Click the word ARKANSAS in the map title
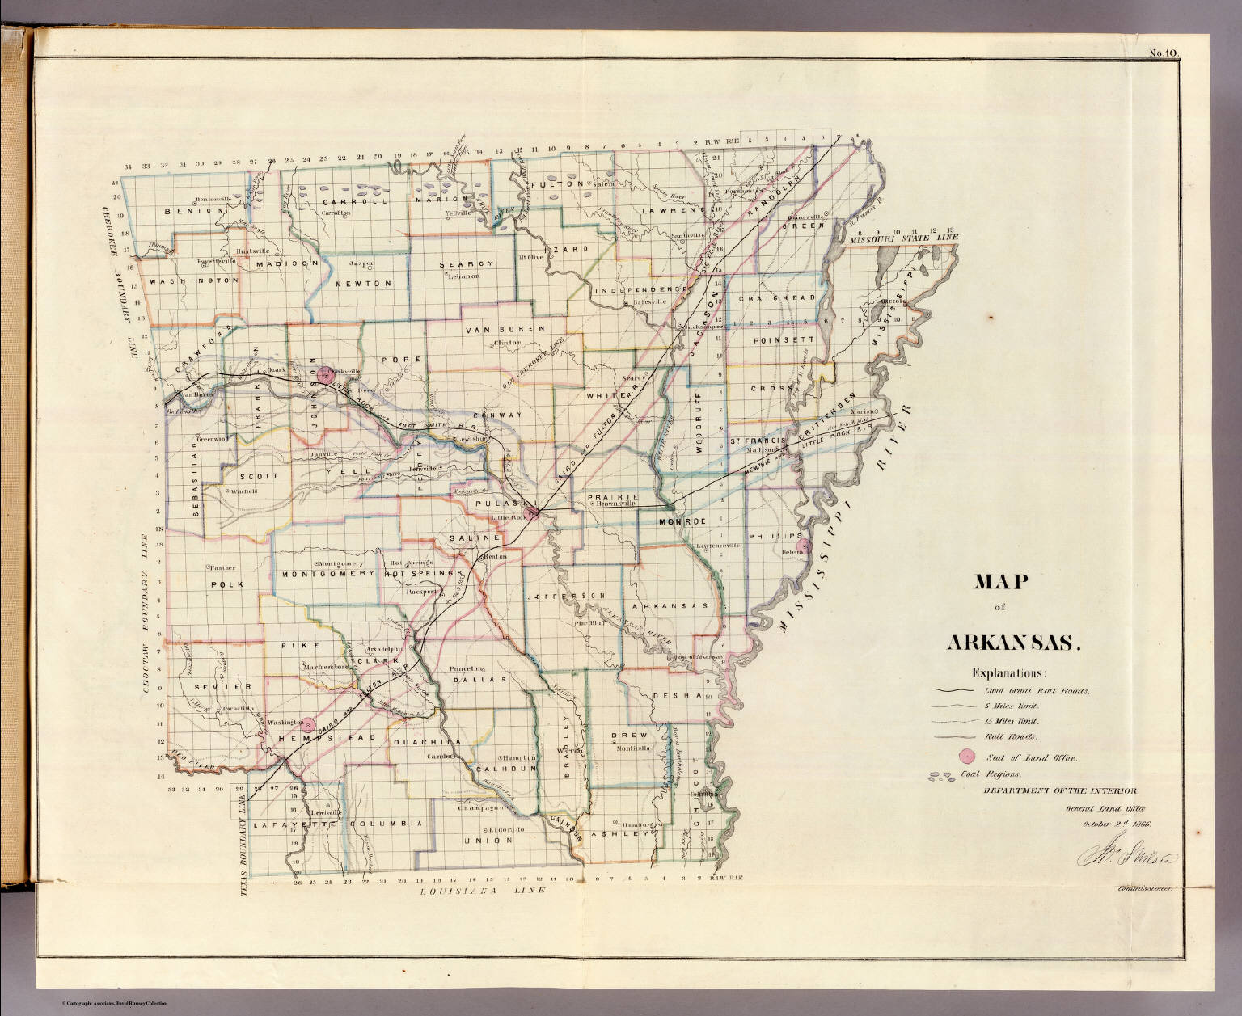(1013, 643)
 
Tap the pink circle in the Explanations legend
(965, 757)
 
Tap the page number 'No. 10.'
(1164, 54)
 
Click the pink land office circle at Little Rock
(531, 512)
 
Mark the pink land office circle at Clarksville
(325, 373)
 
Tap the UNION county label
(488, 840)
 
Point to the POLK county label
(226, 584)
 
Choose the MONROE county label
(682, 522)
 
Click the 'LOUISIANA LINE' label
(483, 890)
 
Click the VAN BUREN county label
(505, 330)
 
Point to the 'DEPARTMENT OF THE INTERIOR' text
(1060, 790)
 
